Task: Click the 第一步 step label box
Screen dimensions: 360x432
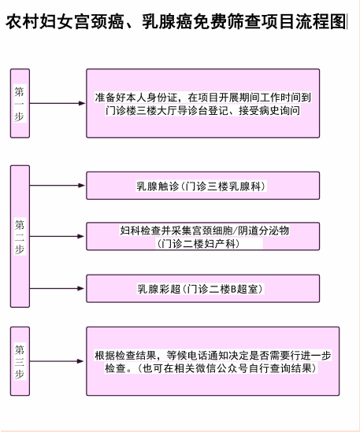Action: coord(20,103)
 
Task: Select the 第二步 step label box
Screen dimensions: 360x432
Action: coord(20,236)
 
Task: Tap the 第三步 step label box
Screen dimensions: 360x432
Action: coord(20,361)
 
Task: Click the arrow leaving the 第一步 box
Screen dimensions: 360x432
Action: coord(58,103)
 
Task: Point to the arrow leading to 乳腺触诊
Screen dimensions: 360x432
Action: coord(57,186)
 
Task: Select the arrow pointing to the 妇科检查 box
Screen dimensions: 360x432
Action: coord(57,236)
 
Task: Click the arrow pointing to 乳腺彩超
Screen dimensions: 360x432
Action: coord(57,289)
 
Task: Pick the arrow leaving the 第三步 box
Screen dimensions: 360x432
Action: coord(57,361)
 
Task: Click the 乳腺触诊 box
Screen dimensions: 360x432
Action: coord(203,186)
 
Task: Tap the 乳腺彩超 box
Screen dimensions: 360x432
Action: coord(203,289)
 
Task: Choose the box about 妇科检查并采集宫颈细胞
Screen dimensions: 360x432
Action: coord(203,236)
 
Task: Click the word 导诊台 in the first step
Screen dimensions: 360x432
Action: coord(192,111)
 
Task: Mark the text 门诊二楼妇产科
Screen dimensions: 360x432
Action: coord(198,244)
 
